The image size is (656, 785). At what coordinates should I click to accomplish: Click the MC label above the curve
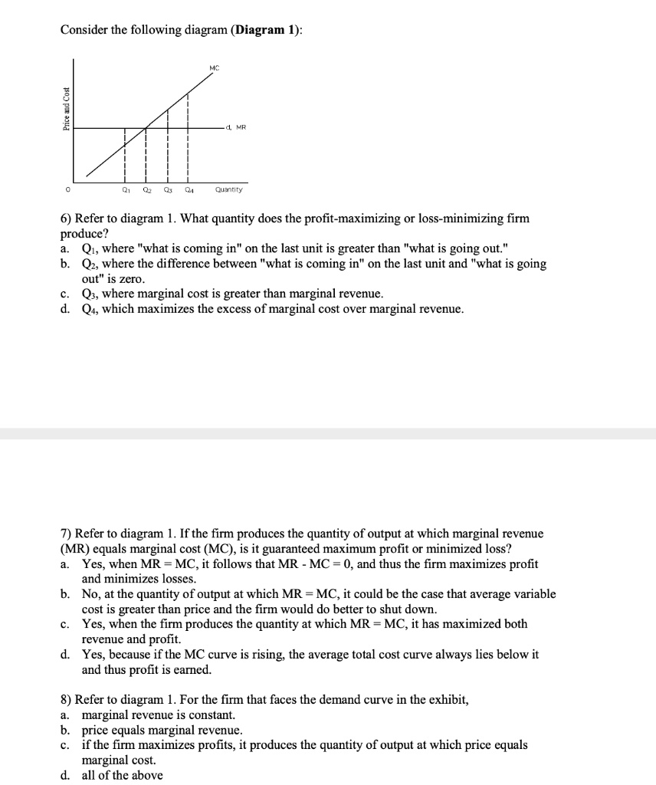(214, 69)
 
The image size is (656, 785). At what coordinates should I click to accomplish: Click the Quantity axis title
(229, 190)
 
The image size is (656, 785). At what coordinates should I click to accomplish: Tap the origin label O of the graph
(66, 190)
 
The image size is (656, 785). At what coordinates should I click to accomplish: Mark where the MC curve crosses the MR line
(146, 127)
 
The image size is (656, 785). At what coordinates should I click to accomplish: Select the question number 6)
(66, 219)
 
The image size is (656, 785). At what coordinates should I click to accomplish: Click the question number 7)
(66, 534)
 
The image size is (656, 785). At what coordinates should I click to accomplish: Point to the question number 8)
(66, 700)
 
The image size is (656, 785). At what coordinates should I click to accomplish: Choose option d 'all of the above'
(122, 775)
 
